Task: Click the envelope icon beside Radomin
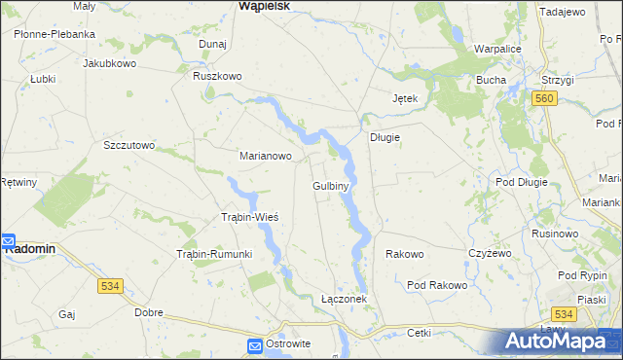tap(7, 239)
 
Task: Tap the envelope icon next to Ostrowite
tap(254, 345)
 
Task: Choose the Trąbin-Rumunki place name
tap(213, 254)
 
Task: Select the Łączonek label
tap(344, 299)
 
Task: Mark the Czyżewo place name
tap(489, 253)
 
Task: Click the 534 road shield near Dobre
tap(110, 286)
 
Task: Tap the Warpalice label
tap(500, 48)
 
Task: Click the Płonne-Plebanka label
tap(55, 34)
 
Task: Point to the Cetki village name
tap(420, 332)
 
